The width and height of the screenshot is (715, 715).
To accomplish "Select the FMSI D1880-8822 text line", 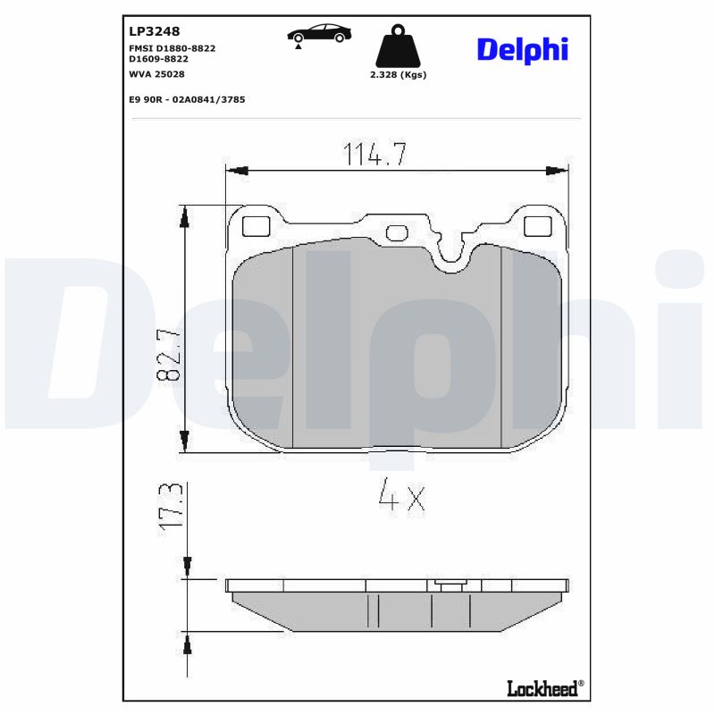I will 172,47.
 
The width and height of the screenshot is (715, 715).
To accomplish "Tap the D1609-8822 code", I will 159,58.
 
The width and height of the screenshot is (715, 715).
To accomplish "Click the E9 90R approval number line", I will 187,99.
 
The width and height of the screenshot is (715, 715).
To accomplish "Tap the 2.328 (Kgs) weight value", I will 398,75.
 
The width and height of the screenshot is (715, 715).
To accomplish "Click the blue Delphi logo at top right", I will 522,50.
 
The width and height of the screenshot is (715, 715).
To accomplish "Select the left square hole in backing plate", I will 257,226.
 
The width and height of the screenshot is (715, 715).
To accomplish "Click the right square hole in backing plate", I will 537,226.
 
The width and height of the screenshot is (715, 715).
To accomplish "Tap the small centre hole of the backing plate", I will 396,234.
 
